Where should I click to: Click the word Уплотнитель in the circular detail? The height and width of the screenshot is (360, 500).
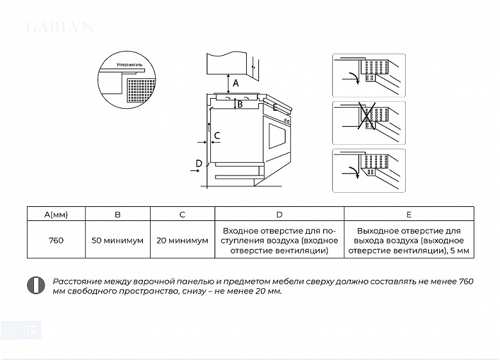click(x=129, y=65)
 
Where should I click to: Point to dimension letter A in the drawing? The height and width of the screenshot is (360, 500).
click(x=235, y=83)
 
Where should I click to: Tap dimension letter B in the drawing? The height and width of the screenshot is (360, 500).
click(x=239, y=104)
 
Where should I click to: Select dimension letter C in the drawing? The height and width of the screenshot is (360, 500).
click(x=217, y=135)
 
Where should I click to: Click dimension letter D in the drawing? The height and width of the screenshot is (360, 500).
click(x=199, y=164)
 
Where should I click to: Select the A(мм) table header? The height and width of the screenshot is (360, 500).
click(x=56, y=215)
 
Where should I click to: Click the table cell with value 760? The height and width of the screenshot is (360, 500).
click(x=56, y=240)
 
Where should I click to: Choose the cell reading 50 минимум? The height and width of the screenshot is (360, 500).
click(x=117, y=240)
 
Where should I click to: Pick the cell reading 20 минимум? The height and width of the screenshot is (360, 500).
click(x=182, y=240)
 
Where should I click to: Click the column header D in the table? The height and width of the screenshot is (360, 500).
click(x=279, y=215)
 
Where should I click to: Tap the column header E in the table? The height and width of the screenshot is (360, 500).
click(x=409, y=215)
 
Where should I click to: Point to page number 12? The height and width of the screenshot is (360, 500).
click(x=31, y=331)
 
